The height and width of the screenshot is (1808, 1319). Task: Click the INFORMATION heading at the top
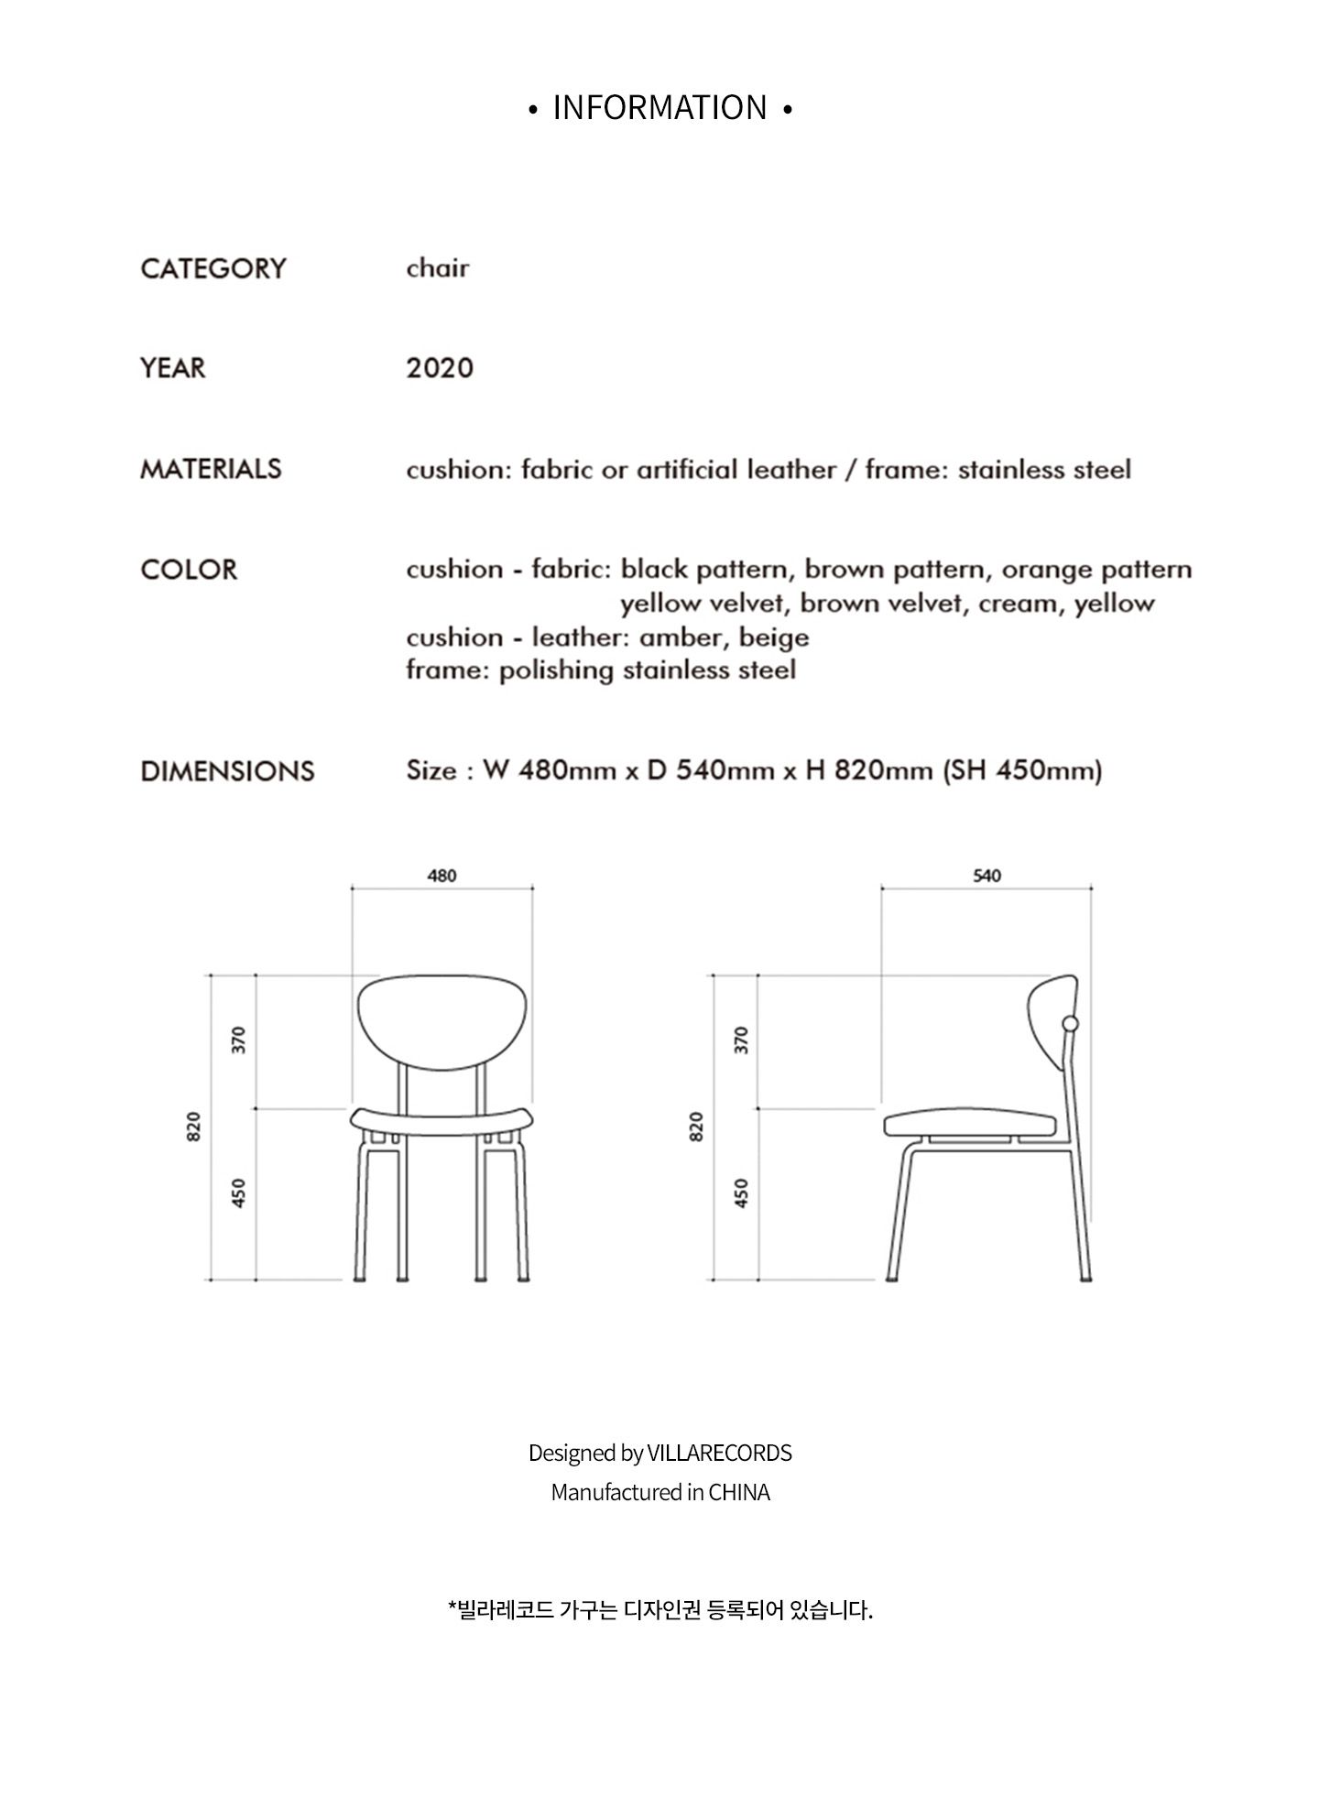(x=659, y=108)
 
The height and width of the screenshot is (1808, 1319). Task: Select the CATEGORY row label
(x=213, y=268)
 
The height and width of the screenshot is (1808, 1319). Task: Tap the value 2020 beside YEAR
(x=440, y=368)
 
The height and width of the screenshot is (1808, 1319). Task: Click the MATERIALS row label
(x=211, y=469)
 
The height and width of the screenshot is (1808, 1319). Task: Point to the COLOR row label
(x=189, y=570)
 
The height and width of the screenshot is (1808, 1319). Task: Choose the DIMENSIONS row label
(x=227, y=771)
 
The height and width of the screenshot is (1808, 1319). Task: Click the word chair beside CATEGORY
(x=438, y=268)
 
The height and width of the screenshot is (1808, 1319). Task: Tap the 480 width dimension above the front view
(x=441, y=876)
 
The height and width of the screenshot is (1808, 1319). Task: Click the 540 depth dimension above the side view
(x=987, y=876)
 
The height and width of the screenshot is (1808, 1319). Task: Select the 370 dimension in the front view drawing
(x=239, y=1040)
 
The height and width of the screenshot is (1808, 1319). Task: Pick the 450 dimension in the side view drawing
(x=742, y=1193)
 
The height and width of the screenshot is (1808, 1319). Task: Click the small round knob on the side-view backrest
(x=1070, y=1023)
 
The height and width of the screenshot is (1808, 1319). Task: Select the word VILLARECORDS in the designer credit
(x=719, y=1454)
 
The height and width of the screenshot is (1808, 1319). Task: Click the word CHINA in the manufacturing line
(x=739, y=1493)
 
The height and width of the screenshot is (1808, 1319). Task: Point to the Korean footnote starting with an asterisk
(x=659, y=1610)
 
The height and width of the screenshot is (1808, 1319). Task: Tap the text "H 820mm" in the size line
(x=868, y=770)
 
